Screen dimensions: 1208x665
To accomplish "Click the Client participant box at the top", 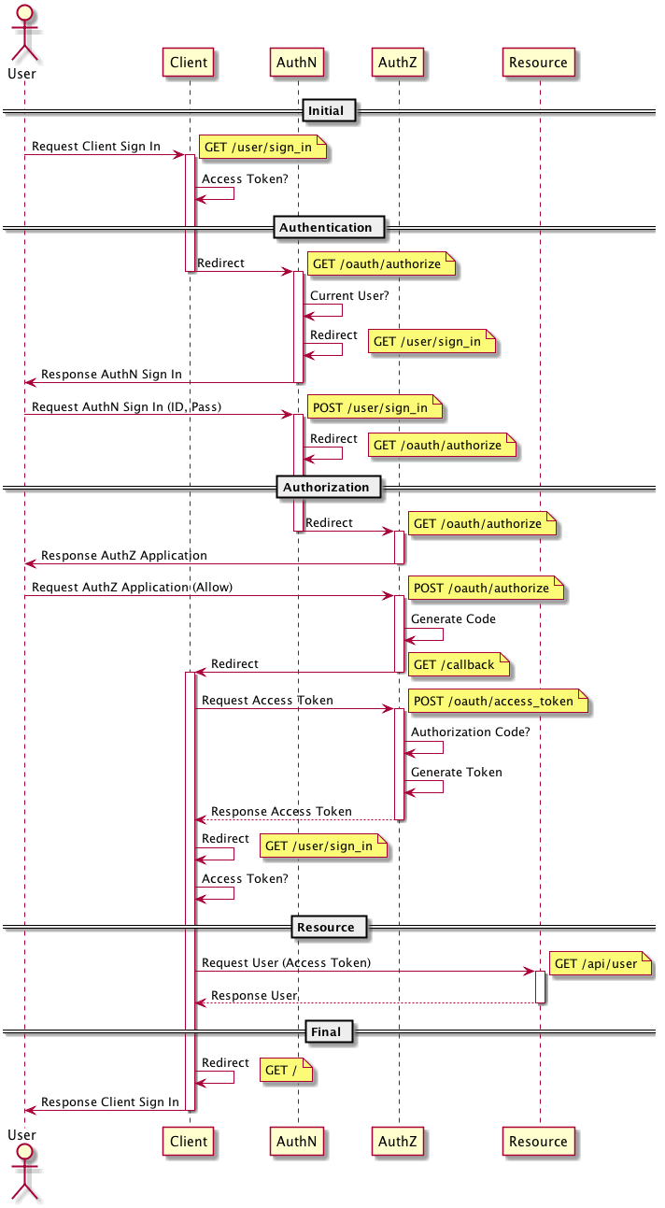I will pos(189,63).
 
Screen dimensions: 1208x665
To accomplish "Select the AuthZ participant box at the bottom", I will pos(397,1141).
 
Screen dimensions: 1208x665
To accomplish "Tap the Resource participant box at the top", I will pos(538,63).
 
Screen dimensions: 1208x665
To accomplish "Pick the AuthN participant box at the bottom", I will pos(297,1141).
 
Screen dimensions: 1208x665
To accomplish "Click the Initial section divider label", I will pos(326,111).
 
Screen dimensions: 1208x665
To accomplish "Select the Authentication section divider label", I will pos(326,227).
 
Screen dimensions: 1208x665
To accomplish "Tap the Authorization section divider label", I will pos(326,487).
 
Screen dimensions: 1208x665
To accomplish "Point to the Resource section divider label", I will pos(326,927).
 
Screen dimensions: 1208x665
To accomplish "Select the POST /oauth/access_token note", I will pos(494,701).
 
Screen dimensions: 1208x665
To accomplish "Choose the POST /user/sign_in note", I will pos(370,407).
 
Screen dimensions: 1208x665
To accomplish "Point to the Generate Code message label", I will pos(453,618).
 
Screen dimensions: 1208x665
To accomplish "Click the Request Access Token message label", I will pos(267,700).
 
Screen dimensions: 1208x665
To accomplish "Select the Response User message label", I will pos(253,995).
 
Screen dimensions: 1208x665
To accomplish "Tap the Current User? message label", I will pos(349,295).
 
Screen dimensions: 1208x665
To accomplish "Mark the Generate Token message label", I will pos(456,772).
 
